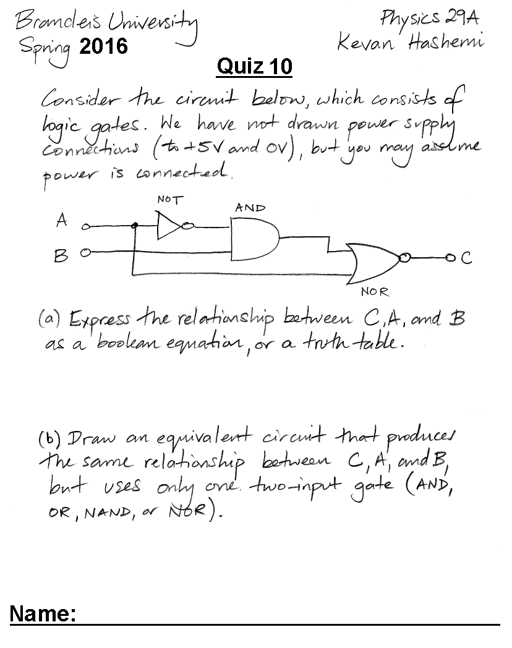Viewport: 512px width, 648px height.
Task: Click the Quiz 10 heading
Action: (x=255, y=66)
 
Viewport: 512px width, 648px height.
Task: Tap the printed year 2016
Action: (x=104, y=46)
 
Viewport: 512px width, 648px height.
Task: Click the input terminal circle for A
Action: (x=85, y=226)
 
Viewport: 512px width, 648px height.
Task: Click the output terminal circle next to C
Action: (x=450, y=258)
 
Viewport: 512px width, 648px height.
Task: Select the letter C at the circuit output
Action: (x=466, y=258)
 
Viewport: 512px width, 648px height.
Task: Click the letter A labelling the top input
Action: (x=62, y=220)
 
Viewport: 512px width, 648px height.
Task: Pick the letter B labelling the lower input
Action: (x=61, y=256)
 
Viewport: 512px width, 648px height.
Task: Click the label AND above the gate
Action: (x=250, y=208)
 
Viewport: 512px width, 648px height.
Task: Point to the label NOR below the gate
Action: (x=375, y=292)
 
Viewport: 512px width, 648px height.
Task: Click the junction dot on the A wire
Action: (x=134, y=226)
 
